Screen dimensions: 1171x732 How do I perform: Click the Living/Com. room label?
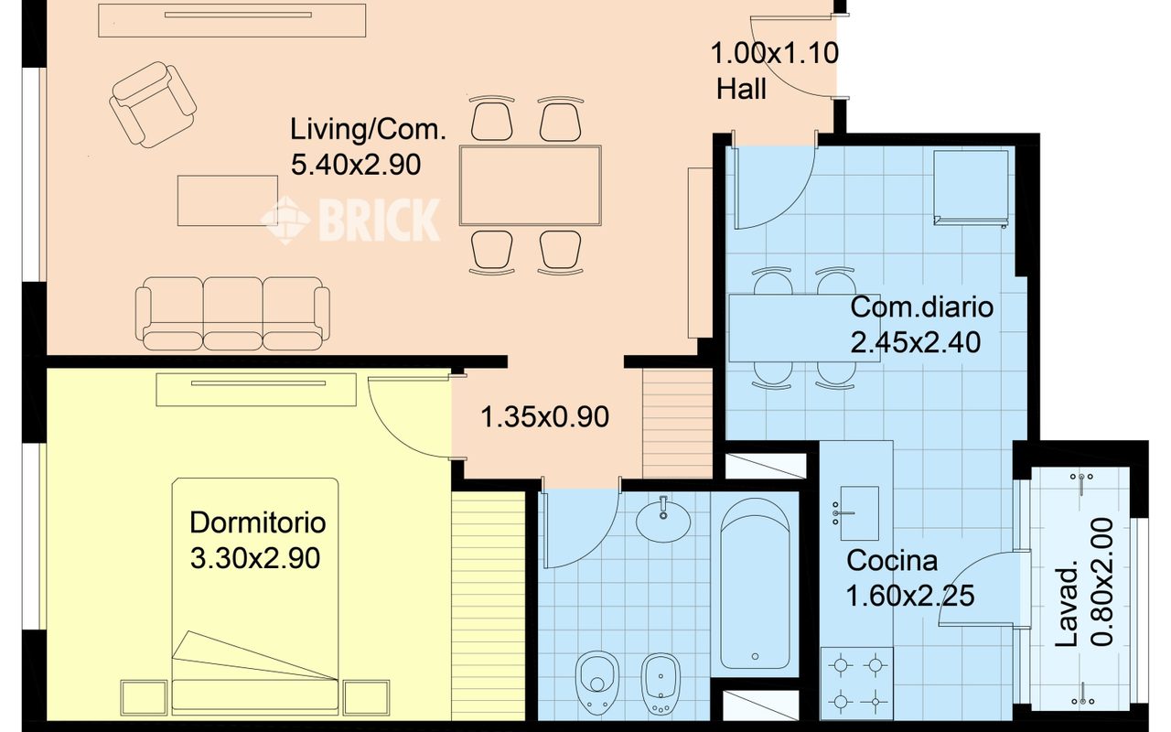[x=368, y=130]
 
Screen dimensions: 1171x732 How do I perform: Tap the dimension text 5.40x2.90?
[x=356, y=166]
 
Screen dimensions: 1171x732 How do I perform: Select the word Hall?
[x=741, y=89]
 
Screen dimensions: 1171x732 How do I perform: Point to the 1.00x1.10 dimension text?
[x=775, y=53]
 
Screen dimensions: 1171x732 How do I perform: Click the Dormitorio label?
[x=258, y=522]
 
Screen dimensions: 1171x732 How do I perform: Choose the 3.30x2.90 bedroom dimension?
[x=255, y=558]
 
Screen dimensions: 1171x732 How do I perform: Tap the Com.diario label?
[x=921, y=307]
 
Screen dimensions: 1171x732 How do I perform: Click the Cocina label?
[x=892, y=561]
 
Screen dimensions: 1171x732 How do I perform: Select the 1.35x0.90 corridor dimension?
[x=544, y=417]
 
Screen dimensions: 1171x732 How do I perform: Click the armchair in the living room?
[x=153, y=104]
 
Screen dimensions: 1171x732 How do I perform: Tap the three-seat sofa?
[x=232, y=313]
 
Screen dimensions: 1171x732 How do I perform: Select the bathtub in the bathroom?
[x=755, y=583]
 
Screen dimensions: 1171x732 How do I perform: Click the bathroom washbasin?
[x=663, y=520]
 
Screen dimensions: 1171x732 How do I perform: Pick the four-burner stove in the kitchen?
[x=857, y=684]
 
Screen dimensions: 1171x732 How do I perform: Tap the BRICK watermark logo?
[x=350, y=221]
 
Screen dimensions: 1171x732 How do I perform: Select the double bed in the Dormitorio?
[x=255, y=596]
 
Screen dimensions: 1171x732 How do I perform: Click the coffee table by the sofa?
[x=228, y=200]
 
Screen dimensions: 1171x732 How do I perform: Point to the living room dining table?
[x=530, y=186]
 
